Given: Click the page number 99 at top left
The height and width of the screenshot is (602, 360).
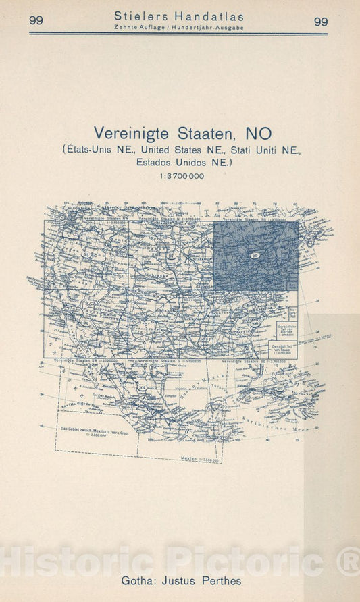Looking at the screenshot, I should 36,21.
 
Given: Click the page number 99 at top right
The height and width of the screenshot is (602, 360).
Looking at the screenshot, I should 321,21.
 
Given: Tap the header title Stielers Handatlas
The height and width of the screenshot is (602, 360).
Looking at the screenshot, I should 179,16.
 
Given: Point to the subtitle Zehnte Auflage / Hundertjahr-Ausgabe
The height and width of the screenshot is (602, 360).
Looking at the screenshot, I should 179,28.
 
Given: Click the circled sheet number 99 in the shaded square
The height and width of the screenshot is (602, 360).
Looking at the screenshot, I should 255,254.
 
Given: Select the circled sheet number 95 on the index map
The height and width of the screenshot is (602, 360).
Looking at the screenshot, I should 86,254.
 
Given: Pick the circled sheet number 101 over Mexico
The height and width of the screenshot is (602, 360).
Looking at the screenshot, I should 142,387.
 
